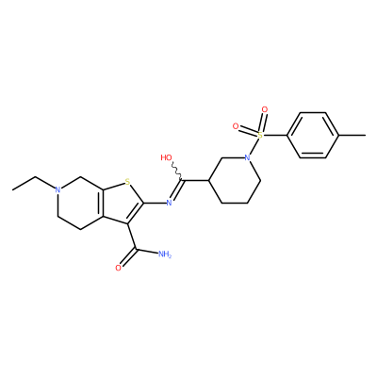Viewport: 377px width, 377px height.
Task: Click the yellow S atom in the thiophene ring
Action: coord(127,182)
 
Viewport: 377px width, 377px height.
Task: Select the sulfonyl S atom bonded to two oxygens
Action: coord(260,136)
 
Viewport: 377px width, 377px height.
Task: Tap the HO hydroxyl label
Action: coord(167,157)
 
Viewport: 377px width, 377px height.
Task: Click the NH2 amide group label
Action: coord(165,254)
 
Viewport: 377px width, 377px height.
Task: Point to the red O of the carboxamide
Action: coord(118,268)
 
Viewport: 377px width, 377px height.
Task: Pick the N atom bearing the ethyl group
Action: coord(57,189)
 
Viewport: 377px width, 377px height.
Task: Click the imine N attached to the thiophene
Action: coord(169,203)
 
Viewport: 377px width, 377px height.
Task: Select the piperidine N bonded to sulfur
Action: coord(248,158)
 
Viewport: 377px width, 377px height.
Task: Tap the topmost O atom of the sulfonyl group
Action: coord(265,109)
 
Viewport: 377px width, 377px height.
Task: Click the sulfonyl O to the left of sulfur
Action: coord(236,126)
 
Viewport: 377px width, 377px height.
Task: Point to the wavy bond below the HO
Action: coord(176,172)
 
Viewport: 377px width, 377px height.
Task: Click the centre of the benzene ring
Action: coord(313,136)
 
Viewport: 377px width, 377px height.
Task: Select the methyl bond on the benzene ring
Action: coord(352,136)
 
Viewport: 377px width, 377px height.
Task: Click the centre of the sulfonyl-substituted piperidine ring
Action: coord(235,181)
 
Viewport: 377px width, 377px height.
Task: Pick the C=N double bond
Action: coord(176,190)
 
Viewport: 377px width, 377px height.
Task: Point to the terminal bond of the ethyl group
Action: coord(24,184)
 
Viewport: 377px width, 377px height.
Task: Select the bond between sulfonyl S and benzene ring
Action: coord(275,136)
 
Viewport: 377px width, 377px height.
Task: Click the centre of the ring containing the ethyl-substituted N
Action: coord(80,204)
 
